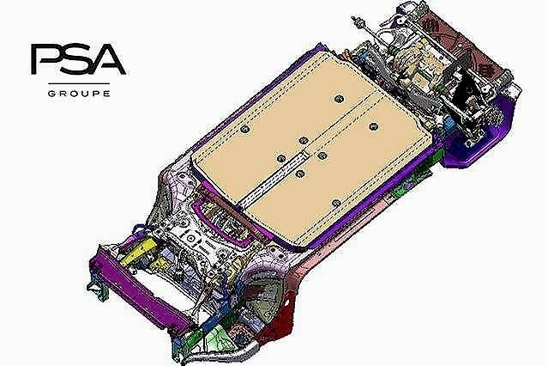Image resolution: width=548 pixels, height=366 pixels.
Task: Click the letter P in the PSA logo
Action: (45, 58)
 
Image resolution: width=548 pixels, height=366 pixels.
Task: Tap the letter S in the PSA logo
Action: (75, 58)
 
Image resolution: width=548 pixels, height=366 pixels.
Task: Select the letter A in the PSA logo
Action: (108, 59)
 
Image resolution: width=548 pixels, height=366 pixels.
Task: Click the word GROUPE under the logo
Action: (79, 94)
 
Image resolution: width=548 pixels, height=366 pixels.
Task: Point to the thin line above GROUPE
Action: (79, 83)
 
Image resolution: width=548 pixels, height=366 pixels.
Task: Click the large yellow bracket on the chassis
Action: (138, 249)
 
